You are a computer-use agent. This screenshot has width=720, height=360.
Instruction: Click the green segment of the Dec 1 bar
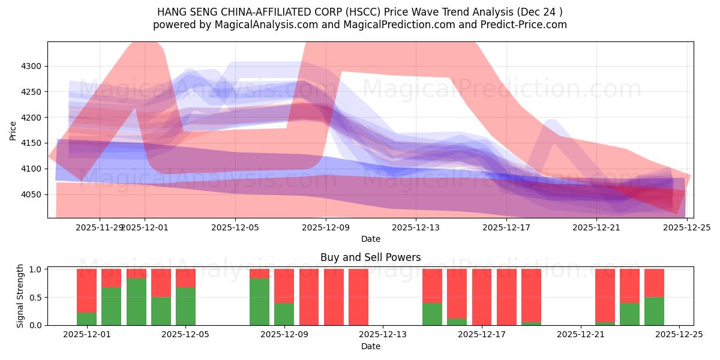point(86,319)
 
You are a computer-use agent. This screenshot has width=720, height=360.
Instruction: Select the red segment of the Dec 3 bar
point(136,274)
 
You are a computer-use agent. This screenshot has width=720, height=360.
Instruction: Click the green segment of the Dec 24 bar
point(654,311)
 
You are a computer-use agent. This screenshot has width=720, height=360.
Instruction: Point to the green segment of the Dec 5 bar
point(185,306)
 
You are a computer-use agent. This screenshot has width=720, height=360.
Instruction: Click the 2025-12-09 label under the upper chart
point(325,227)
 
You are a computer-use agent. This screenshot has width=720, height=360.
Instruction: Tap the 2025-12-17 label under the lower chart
point(482,334)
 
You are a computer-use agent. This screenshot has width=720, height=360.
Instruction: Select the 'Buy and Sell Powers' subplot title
point(370,257)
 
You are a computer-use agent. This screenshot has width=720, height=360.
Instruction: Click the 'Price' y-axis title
point(13,130)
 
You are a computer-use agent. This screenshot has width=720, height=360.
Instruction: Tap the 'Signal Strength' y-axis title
point(20,296)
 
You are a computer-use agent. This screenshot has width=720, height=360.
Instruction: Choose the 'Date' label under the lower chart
point(370,346)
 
